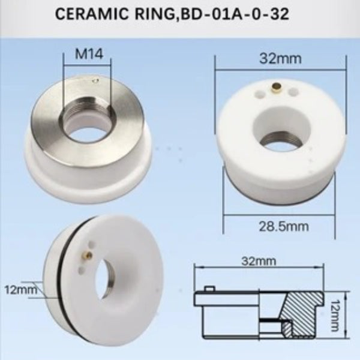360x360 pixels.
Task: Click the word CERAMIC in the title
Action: pos(92,14)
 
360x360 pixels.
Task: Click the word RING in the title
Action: pos(157,14)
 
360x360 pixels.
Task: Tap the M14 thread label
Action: pos(89,54)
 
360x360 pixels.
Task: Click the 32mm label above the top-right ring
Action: pos(280,59)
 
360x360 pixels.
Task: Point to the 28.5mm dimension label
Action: pos(284,227)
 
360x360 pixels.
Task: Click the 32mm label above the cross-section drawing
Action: pos(259,261)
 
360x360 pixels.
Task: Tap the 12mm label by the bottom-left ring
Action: pos(20,290)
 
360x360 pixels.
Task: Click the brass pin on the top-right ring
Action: pos(277,88)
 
